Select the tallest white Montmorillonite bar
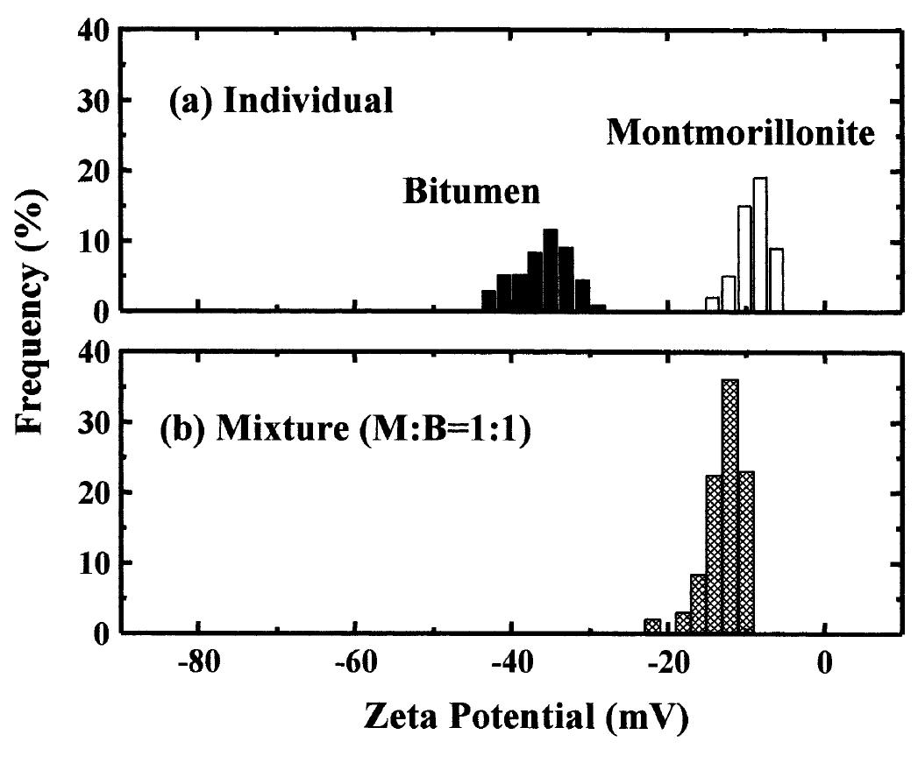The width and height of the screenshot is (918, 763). pos(760,244)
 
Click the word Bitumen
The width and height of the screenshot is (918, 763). pos(472,192)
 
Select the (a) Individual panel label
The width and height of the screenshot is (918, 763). pos(281,102)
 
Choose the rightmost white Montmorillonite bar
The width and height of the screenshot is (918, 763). pos(776,279)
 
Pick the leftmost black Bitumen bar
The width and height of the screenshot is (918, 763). pos(488,300)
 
